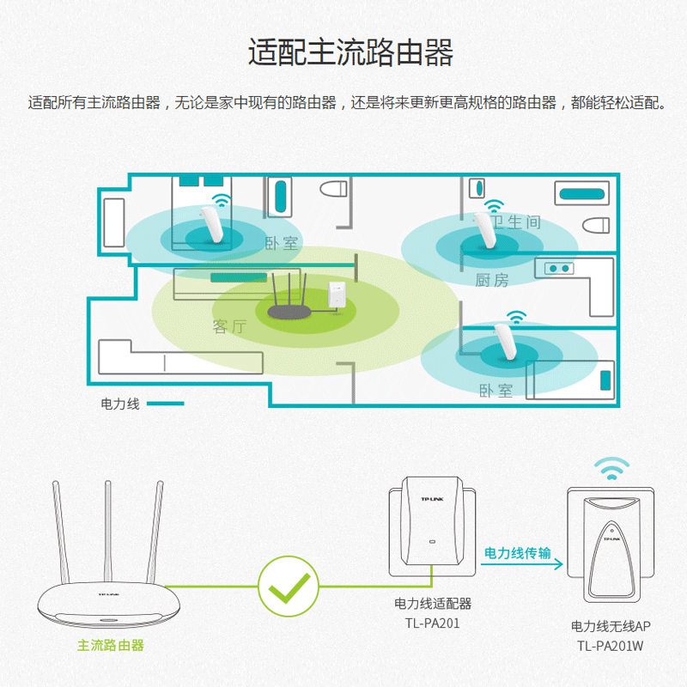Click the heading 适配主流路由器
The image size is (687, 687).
(x=350, y=53)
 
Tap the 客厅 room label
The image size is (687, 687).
(x=229, y=326)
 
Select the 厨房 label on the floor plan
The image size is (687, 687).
(x=492, y=281)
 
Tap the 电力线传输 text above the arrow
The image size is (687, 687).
(x=517, y=553)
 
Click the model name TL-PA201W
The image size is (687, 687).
(x=610, y=646)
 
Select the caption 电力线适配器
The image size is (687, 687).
(x=433, y=604)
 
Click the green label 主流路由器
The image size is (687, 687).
(x=111, y=645)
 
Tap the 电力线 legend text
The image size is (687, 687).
(x=120, y=403)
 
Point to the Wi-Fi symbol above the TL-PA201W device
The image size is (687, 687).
(x=613, y=469)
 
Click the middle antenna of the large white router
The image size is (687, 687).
(x=107, y=532)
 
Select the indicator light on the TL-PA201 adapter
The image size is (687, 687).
(x=433, y=542)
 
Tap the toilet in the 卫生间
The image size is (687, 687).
(x=596, y=226)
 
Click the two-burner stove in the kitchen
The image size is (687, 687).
(x=557, y=269)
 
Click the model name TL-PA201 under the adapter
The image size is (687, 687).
(x=433, y=623)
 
